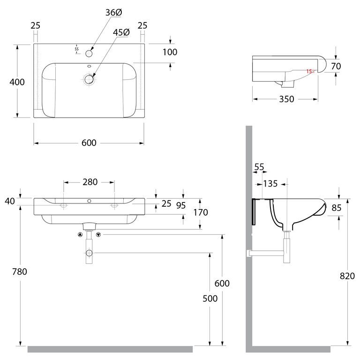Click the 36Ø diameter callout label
[x=113, y=13]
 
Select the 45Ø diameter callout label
[x=121, y=32]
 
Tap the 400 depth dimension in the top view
[x=17, y=82]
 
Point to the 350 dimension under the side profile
[x=286, y=99]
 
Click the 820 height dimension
[x=347, y=276]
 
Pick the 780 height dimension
[x=20, y=271]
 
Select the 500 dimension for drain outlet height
[x=210, y=299]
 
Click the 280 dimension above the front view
[x=90, y=182]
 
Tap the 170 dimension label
[x=201, y=212]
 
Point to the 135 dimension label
[x=270, y=184]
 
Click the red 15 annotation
[x=309, y=71]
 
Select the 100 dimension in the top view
[x=170, y=52]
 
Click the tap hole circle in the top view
[x=89, y=53]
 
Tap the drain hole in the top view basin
[x=89, y=79]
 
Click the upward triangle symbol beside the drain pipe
[x=80, y=235]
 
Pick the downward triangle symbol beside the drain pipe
[x=98, y=235]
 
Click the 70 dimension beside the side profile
[x=336, y=66]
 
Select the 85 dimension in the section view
[x=337, y=208]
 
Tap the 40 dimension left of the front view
[x=10, y=201]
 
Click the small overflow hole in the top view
[x=89, y=67]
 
